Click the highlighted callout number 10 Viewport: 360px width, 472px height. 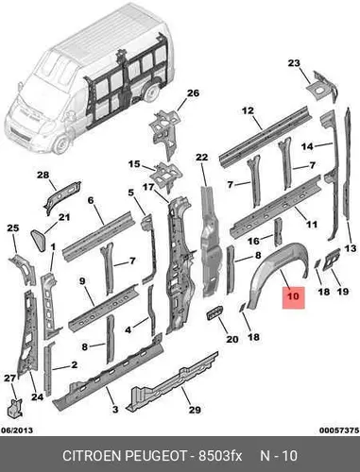[x=293, y=296]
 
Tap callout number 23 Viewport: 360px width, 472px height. [x=294, y=63]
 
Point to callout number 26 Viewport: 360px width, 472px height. [x=193, y=93]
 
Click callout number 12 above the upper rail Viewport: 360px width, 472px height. [x=248, y=110]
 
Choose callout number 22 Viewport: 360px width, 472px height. [x=202, y=157]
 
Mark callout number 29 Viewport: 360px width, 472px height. [x=195, y=410]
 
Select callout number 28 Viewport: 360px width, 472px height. [x=43, y=175]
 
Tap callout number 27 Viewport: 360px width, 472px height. [x=9, y=379]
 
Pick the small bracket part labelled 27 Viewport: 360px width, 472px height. [x=15, y=408]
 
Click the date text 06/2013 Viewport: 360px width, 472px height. [x=17, y=430]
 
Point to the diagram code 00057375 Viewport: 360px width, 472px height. [x=339, y=430]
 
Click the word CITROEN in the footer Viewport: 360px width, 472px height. [x=93, y=456]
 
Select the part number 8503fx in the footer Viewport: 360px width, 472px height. [x=219, y=456]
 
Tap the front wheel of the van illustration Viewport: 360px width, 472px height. [x=60, y=144]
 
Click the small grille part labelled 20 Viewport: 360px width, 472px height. [x=214, y=313]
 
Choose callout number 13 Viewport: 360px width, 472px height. [x=351, y=248]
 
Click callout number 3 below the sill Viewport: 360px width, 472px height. [x=115, y=410]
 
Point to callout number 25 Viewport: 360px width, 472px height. [x=13, y=228]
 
